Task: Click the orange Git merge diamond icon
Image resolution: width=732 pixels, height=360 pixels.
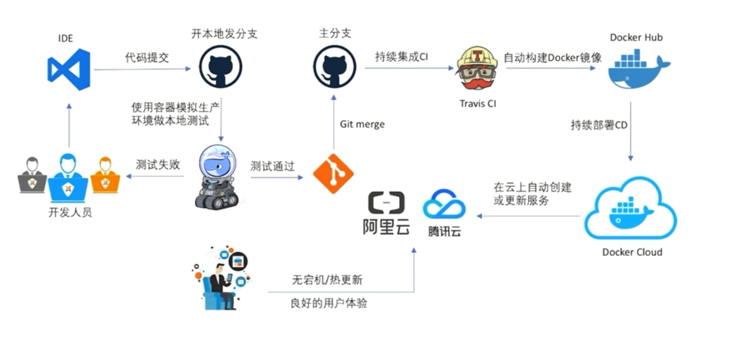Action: [x=333, y=174]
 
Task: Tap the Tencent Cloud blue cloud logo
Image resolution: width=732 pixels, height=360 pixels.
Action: [x=444, y=205]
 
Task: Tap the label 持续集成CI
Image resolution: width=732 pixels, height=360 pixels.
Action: [x=401, y=58]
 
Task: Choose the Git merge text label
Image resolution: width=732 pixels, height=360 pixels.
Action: [x=362, y=125]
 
